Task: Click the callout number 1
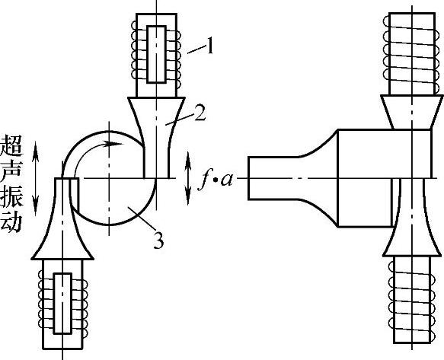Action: pyautogui.click(x=209, y=46)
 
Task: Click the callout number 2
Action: pyautogui.click(x=200, y=113)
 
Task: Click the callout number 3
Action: pyautogui.click(x=158, y=241)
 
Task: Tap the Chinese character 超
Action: pyautogui.click(x=12, y=146)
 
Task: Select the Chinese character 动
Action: pyautogui.click(x=12, y=222)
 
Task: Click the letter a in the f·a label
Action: pyautogui.click(x=226, y=180)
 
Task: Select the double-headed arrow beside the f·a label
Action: pyautogui.click(x=188, y=178)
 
